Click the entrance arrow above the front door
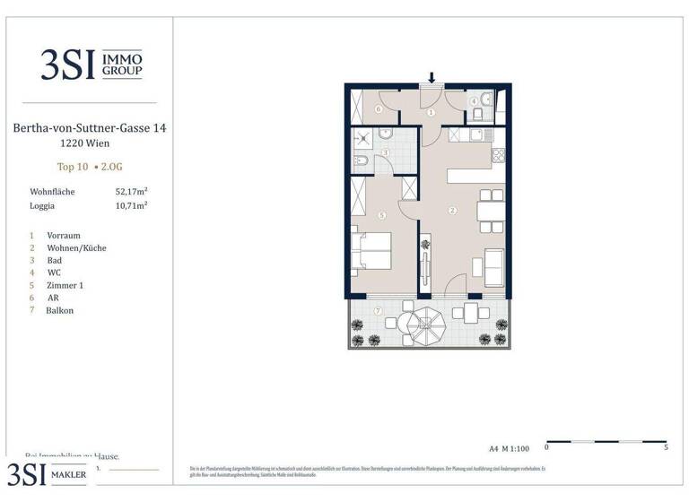tap(432, 78)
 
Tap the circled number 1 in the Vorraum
tap(432, 112)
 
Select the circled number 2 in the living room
tap(453, 211)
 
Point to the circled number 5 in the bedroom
tap(382, 215)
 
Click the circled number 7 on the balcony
tap(378, 310)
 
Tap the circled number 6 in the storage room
tap(378, 109)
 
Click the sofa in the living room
tap(493, 264)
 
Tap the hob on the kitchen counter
tap(498, 156)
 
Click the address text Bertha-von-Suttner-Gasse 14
tap(90, 129)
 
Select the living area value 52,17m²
tap(131, 191)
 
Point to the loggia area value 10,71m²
tap(131, 205)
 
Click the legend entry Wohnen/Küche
tap(76, 247)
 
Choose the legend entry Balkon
tap(60, 310)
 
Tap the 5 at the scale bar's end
tap(666, 446)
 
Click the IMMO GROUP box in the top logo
tap(124, 64)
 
